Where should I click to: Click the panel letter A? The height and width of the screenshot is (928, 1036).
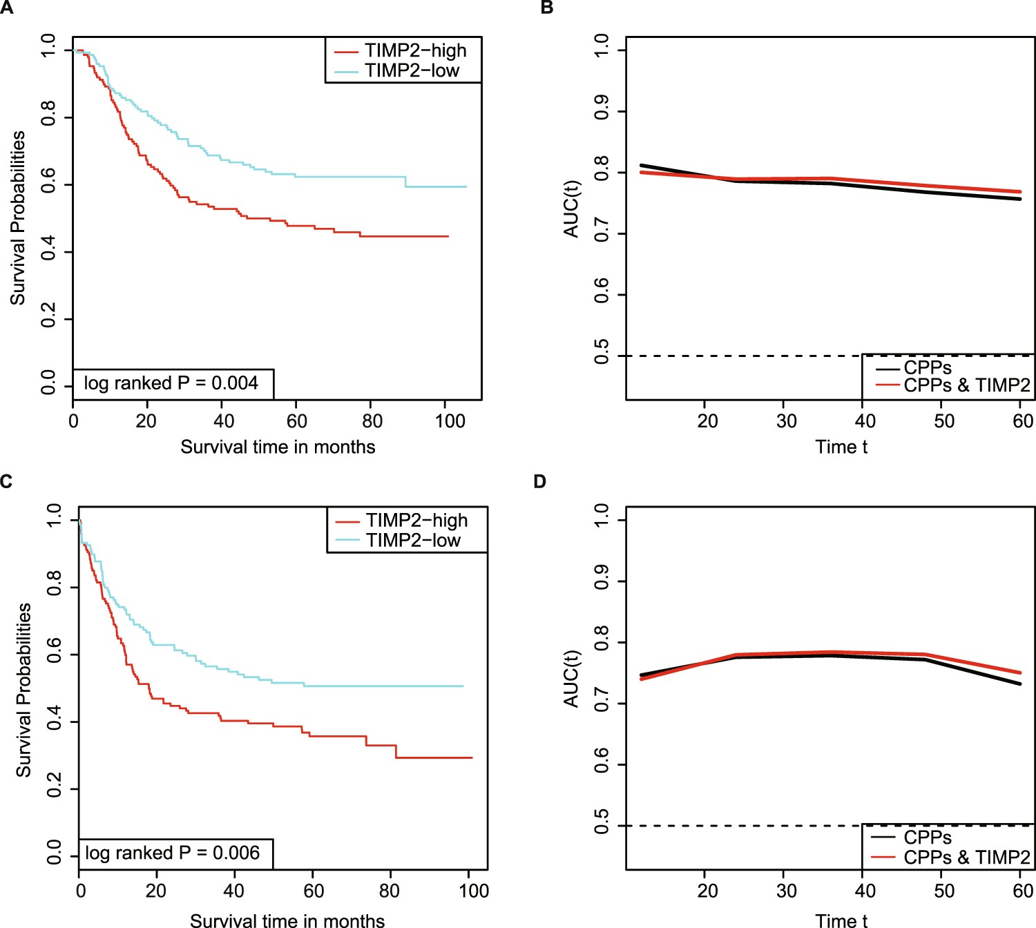point(6,8)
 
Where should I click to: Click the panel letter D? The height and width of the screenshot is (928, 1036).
point(540,481)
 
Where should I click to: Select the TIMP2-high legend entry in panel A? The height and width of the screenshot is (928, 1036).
point(415,50)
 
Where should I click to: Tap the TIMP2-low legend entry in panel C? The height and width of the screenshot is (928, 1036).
point(413,540)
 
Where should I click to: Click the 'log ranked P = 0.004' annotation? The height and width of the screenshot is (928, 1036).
point(171,383)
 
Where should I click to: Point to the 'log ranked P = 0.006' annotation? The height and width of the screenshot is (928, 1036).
point(173,853)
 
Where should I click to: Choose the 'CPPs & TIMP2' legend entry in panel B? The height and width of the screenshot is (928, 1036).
point(966,385)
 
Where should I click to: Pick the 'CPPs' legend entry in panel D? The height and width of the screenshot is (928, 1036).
point(928,838)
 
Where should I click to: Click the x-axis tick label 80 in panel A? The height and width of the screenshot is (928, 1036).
point(372,420)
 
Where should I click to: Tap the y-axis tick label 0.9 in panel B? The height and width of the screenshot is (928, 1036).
point(602,107)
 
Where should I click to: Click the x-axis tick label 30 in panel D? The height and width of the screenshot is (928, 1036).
point(786,890)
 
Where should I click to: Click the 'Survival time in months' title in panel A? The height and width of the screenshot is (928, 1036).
point(278,447)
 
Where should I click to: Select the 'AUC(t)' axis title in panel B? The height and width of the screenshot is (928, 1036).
point(571,209)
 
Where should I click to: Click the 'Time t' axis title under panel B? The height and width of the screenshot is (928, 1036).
point(841,447)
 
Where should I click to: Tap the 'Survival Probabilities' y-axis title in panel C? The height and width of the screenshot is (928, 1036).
point(23,689)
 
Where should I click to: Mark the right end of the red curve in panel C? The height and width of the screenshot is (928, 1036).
point(472,757)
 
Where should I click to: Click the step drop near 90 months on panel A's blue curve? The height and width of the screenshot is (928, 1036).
point(405,182)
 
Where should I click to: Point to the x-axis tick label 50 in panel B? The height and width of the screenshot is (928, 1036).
point(943,420)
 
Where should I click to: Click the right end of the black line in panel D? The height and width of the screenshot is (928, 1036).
point(1020,684)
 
